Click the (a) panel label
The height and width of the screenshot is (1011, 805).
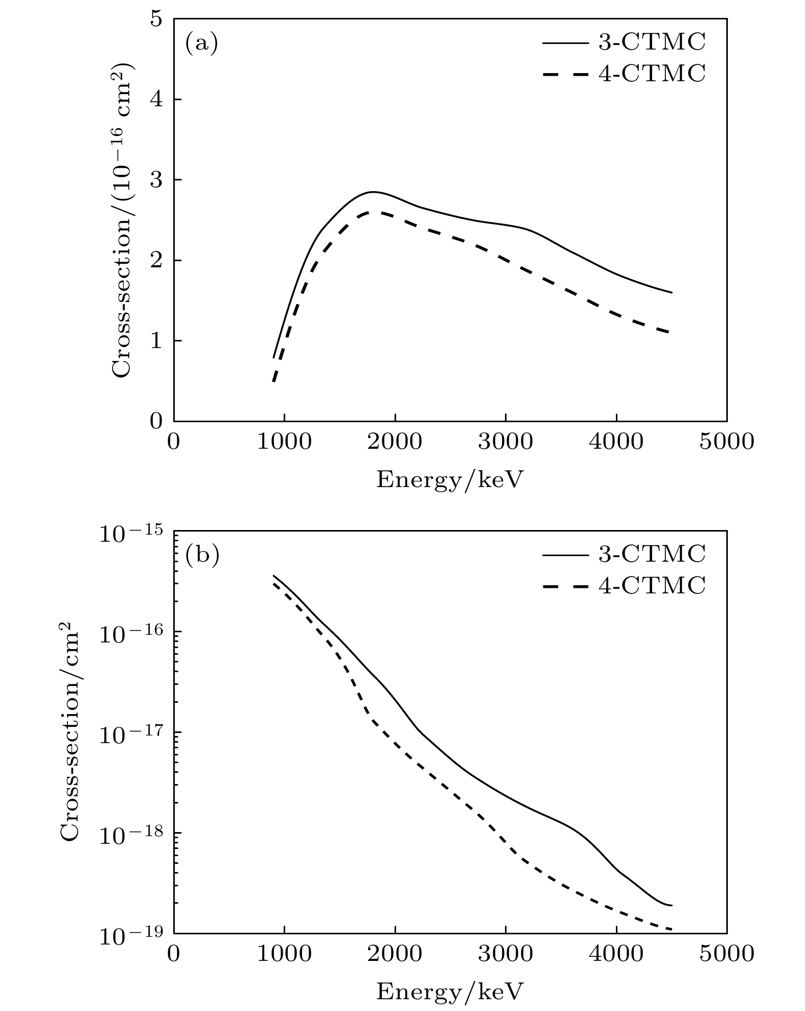pos(201,44)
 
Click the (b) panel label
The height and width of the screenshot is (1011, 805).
pos(202,556)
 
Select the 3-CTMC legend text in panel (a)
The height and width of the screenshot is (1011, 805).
pos(652,43)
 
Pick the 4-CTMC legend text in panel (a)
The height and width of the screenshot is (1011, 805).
pos(652,74)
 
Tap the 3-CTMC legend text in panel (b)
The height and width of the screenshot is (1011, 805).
pos(652,554)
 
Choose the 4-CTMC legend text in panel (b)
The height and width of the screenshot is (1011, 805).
pos(652,585)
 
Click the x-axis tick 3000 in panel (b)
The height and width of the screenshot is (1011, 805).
pos(505,954)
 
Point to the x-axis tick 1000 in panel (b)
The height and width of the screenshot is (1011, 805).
pos(284,954)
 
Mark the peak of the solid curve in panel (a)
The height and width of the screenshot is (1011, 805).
pos(373,192)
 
